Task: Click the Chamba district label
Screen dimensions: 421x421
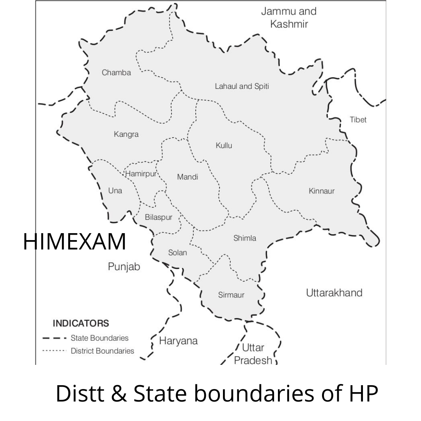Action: pos(116,73)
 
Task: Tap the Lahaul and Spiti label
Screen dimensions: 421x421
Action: pos(242,86)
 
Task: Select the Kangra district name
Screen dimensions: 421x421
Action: pos(126,134)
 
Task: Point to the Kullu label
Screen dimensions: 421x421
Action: pos(224,145)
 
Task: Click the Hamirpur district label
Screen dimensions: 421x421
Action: pos(140,174)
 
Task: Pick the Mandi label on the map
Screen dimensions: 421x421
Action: pos(188,177)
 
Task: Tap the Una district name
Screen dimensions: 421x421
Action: pos(115,191)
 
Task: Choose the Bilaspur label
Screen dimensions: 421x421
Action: pos(158,217)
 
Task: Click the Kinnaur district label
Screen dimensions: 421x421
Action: pos(322,191)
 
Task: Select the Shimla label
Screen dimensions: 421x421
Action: pos(245,238)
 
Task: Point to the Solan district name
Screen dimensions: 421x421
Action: pos(177,253)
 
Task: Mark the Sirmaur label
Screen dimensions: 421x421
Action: pos(231,295)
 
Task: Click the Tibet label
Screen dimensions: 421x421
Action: pos(358,120)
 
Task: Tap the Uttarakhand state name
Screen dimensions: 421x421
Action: pos(334,293)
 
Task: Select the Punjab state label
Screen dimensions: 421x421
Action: pos(124,267)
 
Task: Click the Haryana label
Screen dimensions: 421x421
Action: pos(179,341)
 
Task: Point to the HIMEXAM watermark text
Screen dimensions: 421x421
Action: pos(74,242)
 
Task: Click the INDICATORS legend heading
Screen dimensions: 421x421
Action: pos(81,323)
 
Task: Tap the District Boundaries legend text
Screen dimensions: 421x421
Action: pos(102,351)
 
